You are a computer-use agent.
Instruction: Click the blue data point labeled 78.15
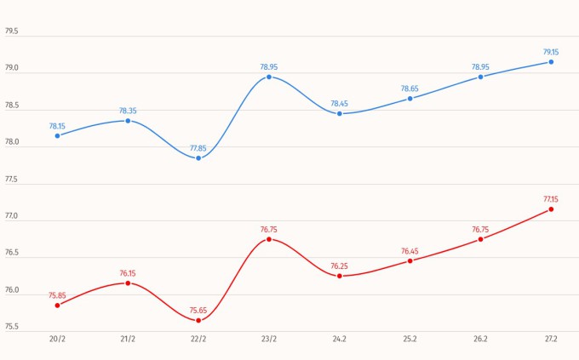pos(57,135)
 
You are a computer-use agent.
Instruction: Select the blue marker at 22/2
pos(198,158)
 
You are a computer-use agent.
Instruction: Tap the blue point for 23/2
pos(269,77)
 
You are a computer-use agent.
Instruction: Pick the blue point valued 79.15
pos(551,61)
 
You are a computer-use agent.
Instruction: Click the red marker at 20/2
pos(57,305)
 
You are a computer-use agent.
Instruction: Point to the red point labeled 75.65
pos(198,320)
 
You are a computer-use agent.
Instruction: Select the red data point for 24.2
pos(340,276)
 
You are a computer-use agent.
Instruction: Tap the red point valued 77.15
pos(551,209)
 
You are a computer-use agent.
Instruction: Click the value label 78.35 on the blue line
pos(128,111)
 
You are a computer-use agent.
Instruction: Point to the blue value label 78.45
pos(340,104)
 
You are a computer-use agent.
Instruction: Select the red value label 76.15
pos(128,273)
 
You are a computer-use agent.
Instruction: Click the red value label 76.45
pos(410,251)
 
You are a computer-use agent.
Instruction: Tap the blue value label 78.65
pos(410,89)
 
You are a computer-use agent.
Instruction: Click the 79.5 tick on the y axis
pos(12,31)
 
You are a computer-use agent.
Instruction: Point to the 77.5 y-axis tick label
pos(12,180)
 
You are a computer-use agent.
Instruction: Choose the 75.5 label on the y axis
pos(12,326)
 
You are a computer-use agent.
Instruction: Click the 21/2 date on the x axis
pos(128,339)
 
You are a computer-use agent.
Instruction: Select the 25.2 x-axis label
pos(410,339)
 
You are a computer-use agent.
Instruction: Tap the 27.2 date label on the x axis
pos(551,339)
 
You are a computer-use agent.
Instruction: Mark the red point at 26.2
pos(480,239)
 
